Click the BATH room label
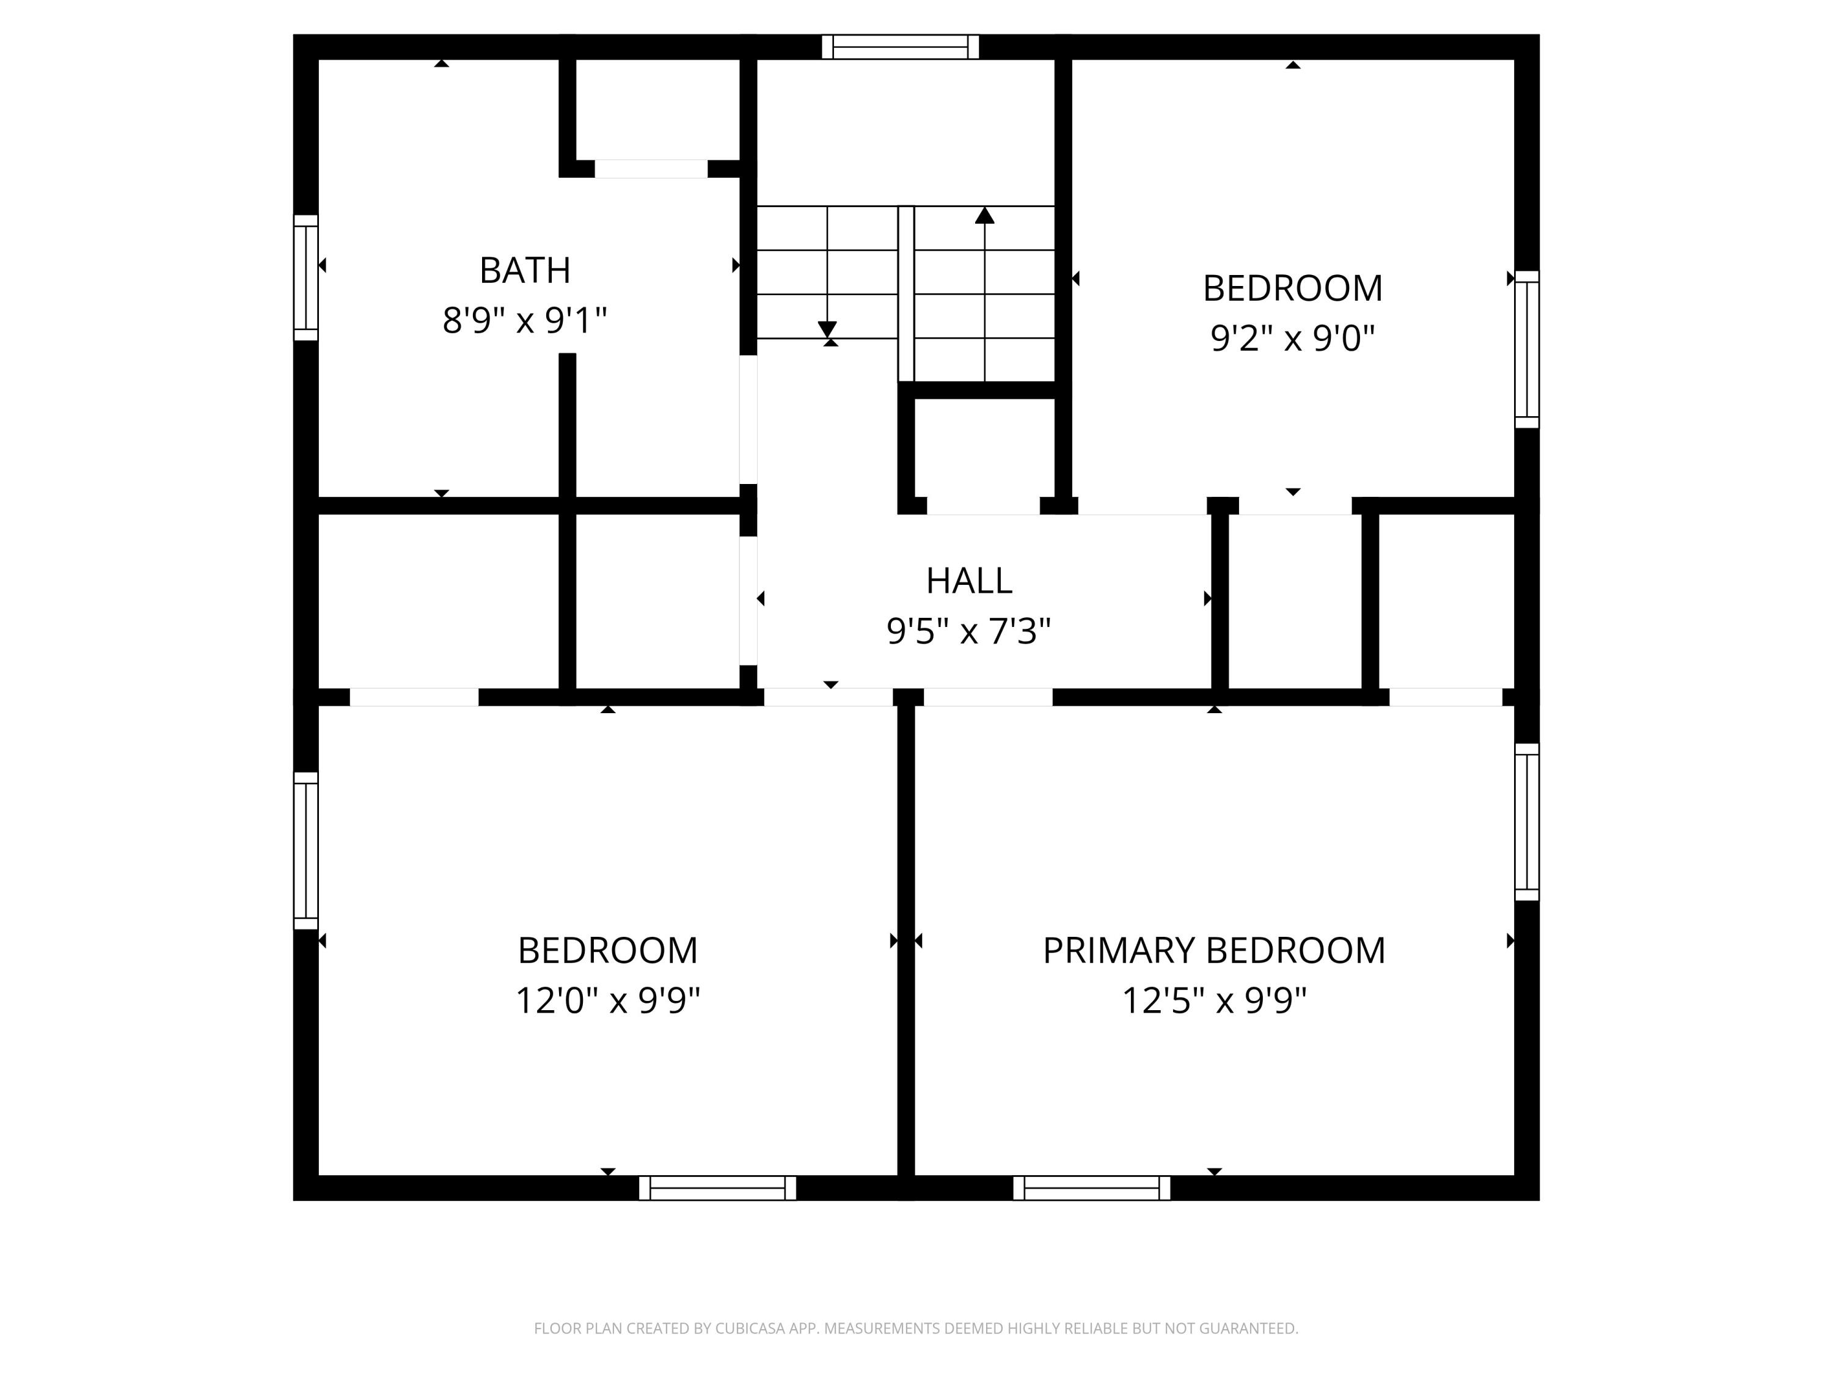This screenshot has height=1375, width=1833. coord(524,270)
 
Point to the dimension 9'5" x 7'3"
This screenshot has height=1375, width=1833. coord(968,631)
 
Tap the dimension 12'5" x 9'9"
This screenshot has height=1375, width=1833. coord(1213,1000)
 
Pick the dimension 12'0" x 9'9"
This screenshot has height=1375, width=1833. coord(607,1000)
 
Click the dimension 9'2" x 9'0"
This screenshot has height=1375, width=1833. coord(1292,338)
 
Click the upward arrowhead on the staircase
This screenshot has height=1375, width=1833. coord(984,216)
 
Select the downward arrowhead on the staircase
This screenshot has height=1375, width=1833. coord(827,329)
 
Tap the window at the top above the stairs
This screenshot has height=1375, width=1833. coord(900,46)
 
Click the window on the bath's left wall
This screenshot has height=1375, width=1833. coord(305,277)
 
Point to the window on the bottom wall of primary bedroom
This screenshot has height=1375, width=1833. coord(1091,1187)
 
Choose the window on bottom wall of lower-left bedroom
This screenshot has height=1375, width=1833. coord(718,1187)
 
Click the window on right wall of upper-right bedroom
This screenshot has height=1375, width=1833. coord(1526,349)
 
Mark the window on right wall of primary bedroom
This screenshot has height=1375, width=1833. coord(1526,821)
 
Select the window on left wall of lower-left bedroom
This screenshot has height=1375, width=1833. coord(305,851)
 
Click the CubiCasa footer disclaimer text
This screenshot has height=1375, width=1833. coord(916,1329)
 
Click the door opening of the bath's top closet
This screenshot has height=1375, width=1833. coord(651,169)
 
